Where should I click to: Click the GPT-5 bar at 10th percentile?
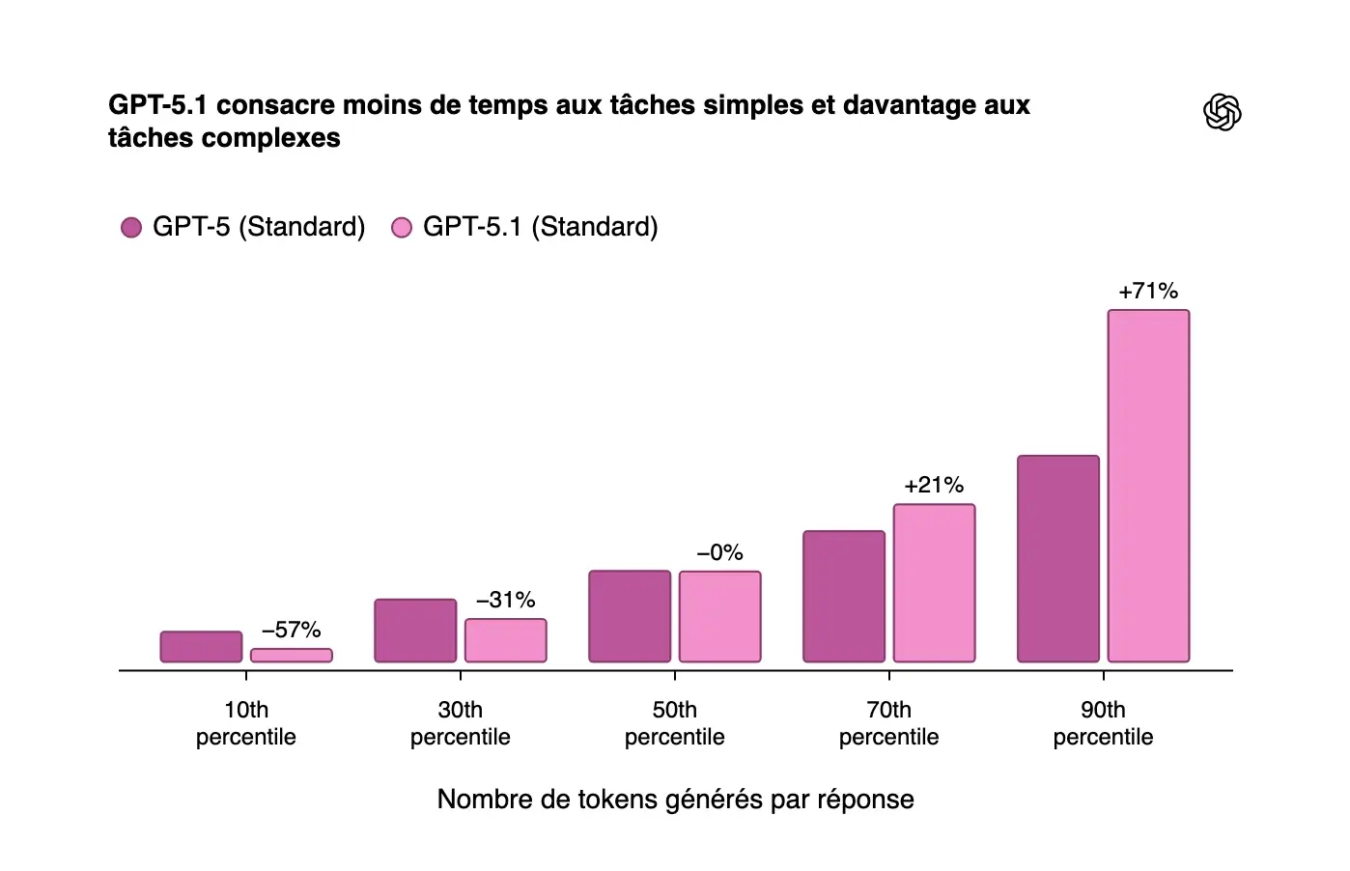click(x=201, y=647)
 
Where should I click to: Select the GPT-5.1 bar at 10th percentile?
click(x=292, y=656)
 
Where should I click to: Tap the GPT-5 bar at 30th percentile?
click(x=415, y=631)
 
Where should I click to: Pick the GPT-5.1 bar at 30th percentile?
click(x=506, y=640)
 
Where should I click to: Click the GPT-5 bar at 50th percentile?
click(x=630, y=616)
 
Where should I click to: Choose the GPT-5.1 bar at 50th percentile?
click(x=720, y=617)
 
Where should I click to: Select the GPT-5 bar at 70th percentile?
click(x=844, y=597)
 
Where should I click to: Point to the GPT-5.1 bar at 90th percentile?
click(x=1148, y=486)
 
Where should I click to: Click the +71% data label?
click(x=1148, y=291)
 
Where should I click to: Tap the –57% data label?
click(x=292, y=630)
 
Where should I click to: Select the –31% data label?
click(x=506, y=600)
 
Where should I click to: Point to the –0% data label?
click(x=720, y=552)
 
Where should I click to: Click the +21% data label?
click(x=934, y=485)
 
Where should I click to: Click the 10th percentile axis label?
click(x=246, y=723)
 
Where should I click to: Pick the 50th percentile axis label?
click(x=675, y=723)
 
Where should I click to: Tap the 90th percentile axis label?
click(x=1103, y=723)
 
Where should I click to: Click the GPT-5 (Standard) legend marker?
click(x=131, y=227)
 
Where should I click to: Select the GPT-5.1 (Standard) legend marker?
click(x=402, y=227)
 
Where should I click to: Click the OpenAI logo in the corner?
click(x=1222, y=112)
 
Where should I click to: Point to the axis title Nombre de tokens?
click(x=675, y=800)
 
